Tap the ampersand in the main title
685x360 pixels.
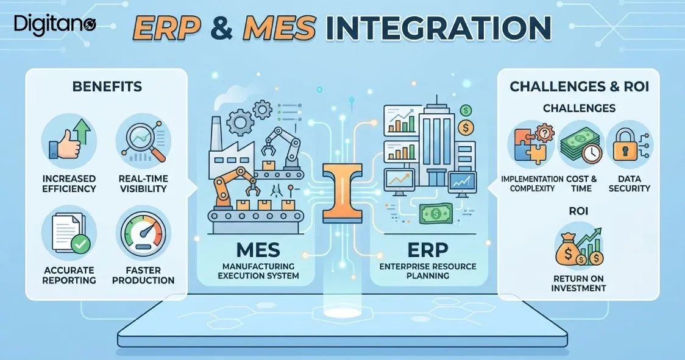point(221,28)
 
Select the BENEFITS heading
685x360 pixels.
point(107,86)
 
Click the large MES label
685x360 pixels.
point(258,250)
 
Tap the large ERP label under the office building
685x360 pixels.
point(428,250)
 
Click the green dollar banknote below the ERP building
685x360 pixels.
point(436,214)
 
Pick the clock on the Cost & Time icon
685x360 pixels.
point(592,154)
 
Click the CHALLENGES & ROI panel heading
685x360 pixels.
point(579,86)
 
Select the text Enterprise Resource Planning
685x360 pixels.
point(428,271)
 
